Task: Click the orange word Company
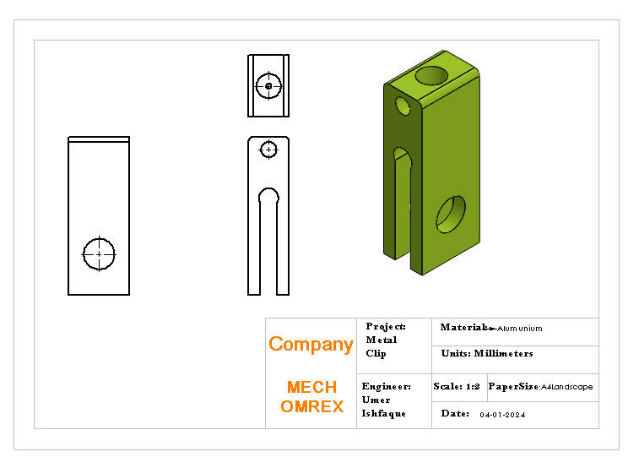(x=310, y=345)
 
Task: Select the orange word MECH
(x=311, y=388)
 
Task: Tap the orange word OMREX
(x=311, y=406)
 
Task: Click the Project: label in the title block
(x=386, y=327)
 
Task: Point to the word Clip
(x=376, y=354)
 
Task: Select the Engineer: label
(x=386, y=387)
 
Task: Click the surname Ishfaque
(x=383, y=414)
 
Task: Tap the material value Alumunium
(x=520, y=329)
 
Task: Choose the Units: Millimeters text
(x=487, y=354)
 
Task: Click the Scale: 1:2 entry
(x=457, y=387)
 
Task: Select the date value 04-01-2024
(x=502, y=415)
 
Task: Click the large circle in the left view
(x=99, y=253)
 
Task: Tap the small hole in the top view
(x=268, y=85)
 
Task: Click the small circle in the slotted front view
(x=268, y=150)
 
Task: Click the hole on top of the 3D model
(x=433, y=75)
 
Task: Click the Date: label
(x=455, y=414)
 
